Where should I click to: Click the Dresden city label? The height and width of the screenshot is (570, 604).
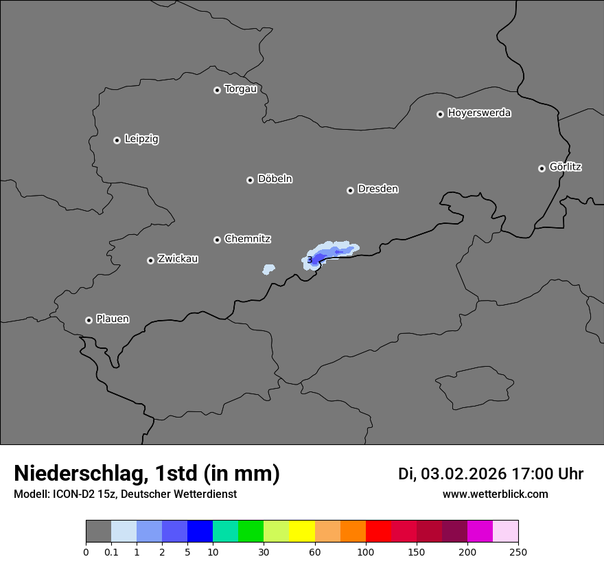pos(377,189)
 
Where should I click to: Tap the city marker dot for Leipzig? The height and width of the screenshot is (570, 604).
pos(117,140)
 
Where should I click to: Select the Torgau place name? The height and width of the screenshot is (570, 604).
pos(240,89)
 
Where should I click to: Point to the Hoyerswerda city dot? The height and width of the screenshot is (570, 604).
pos(440,114)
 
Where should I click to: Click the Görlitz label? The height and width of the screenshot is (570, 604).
pos(566,167)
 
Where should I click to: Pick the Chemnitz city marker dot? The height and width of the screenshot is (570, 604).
pos(217,240)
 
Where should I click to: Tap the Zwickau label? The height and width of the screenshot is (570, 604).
pos(178,259)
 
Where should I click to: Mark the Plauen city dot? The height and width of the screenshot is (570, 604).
pos(89,320)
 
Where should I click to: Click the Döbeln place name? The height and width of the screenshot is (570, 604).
pos(275,179)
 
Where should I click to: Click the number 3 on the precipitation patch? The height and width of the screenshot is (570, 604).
pos(310,260)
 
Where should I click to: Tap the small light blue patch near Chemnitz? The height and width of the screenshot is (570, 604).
pos(268,269)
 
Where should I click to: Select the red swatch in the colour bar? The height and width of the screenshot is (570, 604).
pos(378,532)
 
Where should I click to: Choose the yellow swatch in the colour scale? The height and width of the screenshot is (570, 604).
pos(302,532)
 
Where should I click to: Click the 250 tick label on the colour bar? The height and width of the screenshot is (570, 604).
pos(518,551)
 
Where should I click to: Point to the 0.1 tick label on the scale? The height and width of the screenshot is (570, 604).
pos(111,551)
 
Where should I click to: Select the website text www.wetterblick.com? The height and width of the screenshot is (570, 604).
pos(496,494)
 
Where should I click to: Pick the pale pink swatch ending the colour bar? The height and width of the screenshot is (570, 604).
pos(505,532)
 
